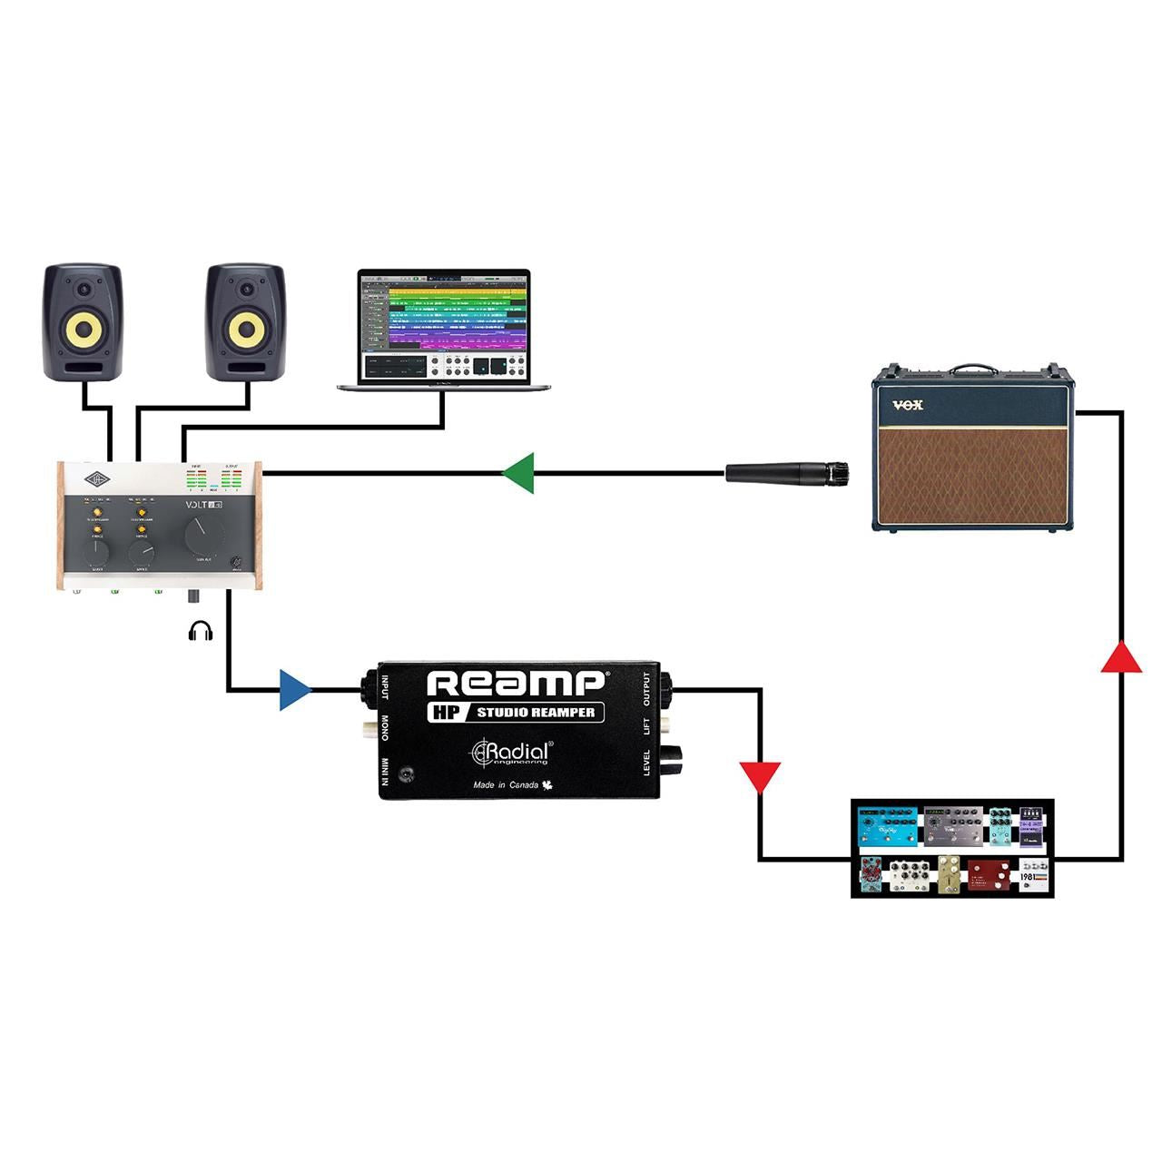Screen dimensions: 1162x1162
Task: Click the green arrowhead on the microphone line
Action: [x=519, y=473]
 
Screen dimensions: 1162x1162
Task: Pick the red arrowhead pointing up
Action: [x=1121, y=656]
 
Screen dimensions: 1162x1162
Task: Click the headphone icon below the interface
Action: [x=201, y=631]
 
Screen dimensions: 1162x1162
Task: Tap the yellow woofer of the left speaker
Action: [x=83, y=330]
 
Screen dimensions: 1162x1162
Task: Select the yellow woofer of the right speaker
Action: [x=245, y=330]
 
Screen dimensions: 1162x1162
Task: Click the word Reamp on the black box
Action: [x=515, y=684]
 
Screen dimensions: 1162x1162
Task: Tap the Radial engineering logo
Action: [x=509, y=753]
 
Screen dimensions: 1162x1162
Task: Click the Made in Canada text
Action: [x=507, y=785]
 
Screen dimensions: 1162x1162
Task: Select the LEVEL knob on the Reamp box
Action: [x=675, y=759]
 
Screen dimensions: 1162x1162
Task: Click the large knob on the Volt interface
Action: [x=202, y=536]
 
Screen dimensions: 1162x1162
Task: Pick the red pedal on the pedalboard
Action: [x=989, y=875]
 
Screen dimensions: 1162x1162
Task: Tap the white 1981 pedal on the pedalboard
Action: [x=1034, y=875]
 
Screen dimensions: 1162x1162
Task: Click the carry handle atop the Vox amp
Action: [x=973, y=370]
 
